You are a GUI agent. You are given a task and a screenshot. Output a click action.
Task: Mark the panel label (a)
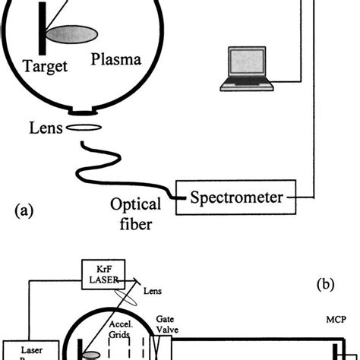pos(26,207)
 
